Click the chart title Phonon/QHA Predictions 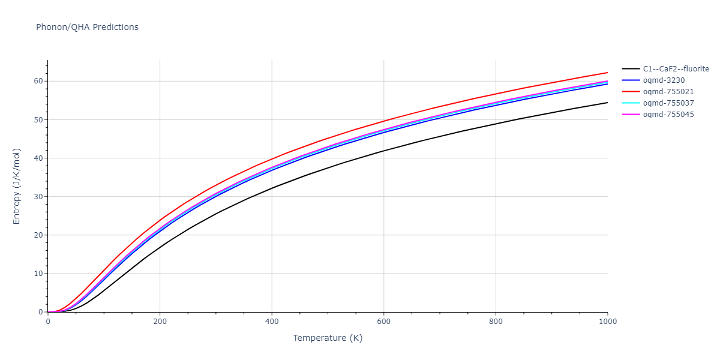pyautogui.click(x=87, y=27)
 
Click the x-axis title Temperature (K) pyautogui.click(x=328, y=338)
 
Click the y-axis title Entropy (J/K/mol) pyautogui.click(x=17, y=185)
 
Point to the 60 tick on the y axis pyautogui.click(x=38, y=81)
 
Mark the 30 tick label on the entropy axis pyautogui.click(x=38, y=197)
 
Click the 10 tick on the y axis pyautogui.click(x=38, y=274)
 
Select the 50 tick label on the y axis pyautogui.click(x=38, y=119)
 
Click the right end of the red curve pyautogui.click(x=607, y=73)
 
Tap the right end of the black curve pyautogui.click(x=607, y=103)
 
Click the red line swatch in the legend pyautogui.click(x=630, y=92)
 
